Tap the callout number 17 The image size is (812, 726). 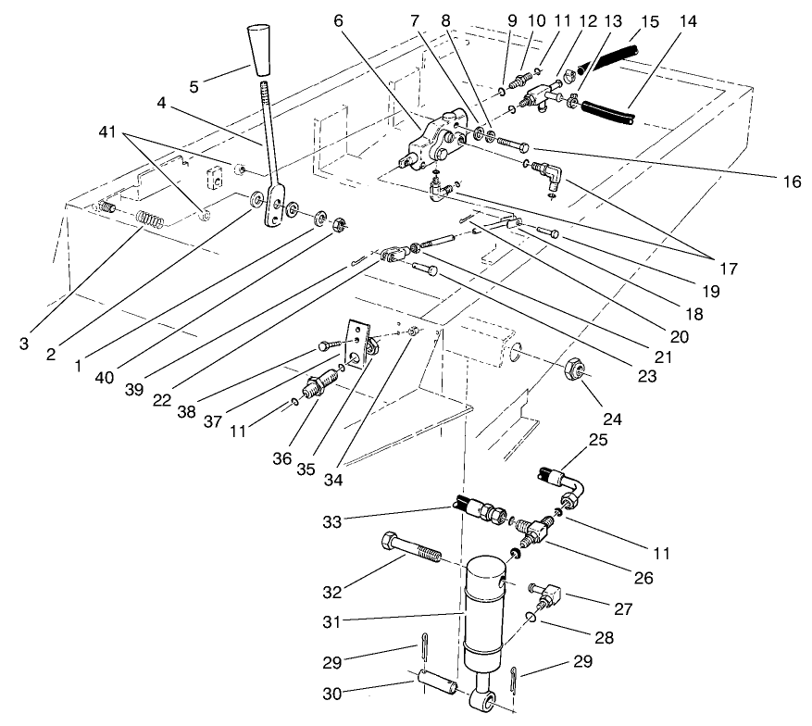click(x=728, y=269)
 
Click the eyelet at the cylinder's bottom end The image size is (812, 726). click(x=486, y=705)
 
